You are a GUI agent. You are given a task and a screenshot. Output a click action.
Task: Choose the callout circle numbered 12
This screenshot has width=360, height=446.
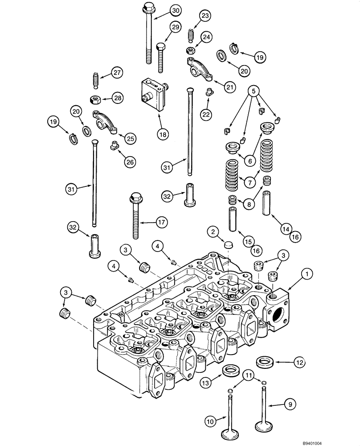[x=299, y=363]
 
